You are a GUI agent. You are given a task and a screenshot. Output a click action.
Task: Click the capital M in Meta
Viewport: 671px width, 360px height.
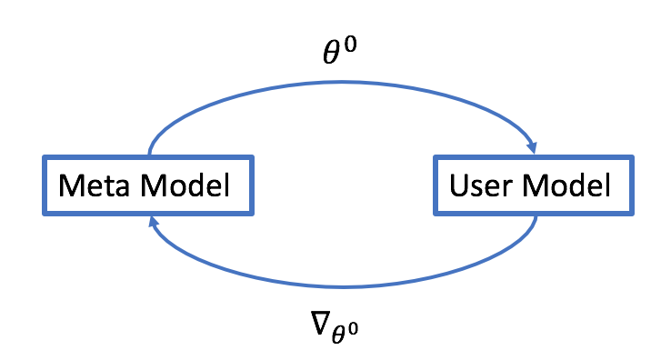point(69,188)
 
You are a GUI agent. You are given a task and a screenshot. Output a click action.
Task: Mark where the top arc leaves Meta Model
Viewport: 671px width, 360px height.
point(149,156)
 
